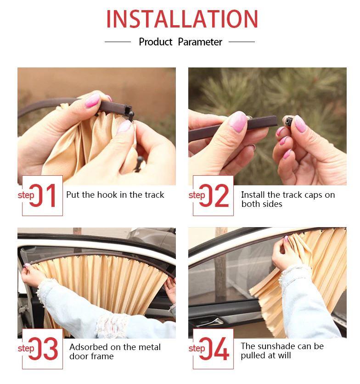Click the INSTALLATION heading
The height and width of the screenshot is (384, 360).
(182, 19)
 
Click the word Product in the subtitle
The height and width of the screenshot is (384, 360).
(156, 42)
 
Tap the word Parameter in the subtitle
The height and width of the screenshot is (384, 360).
(200, 42)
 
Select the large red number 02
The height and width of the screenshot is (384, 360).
(214, 195)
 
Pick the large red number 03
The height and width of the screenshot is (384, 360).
(44, 349)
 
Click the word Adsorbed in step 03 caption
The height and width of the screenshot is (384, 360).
(88, 347)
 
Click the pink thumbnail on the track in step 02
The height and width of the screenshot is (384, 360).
(237, 120)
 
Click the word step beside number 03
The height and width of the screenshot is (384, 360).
(26, 348)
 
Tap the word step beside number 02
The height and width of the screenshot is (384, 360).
(197, 195)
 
